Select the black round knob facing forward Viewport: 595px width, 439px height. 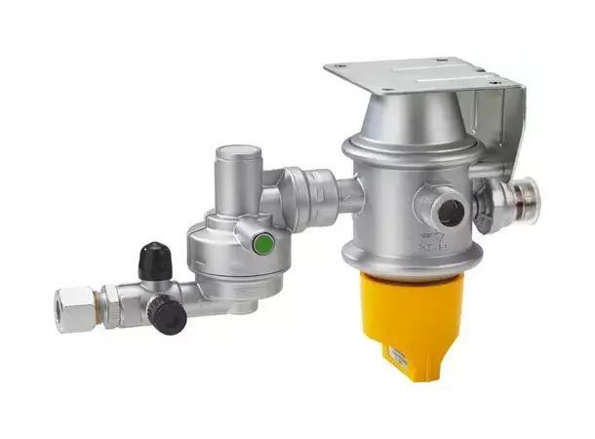point(168,316)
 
